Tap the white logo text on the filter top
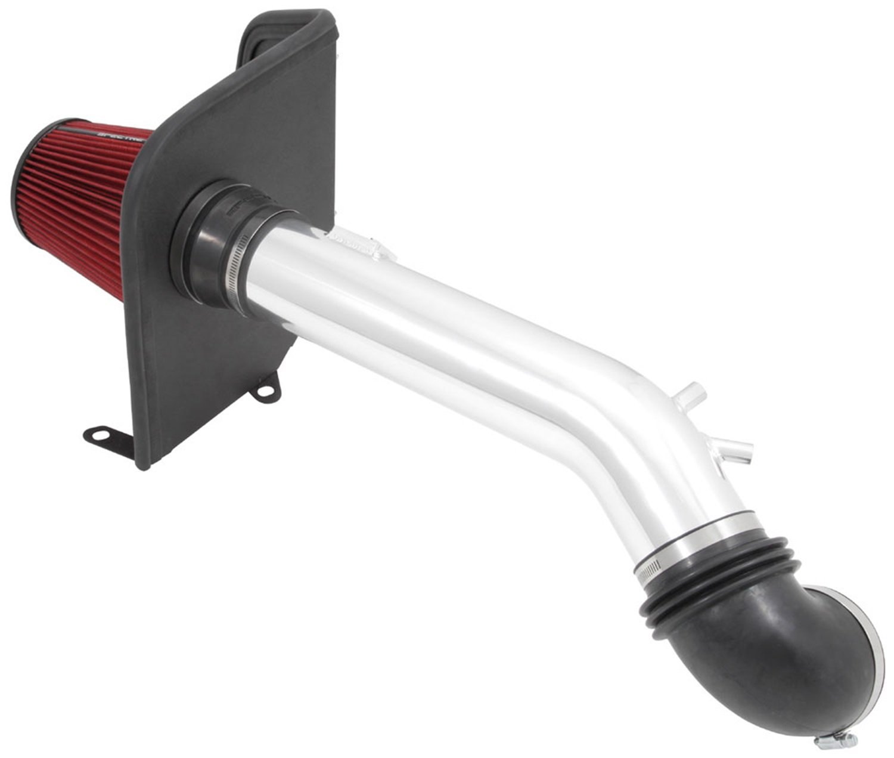tap(125, 135)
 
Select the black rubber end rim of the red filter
tap(24, 179)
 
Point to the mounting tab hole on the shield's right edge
tap(266, 391)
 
